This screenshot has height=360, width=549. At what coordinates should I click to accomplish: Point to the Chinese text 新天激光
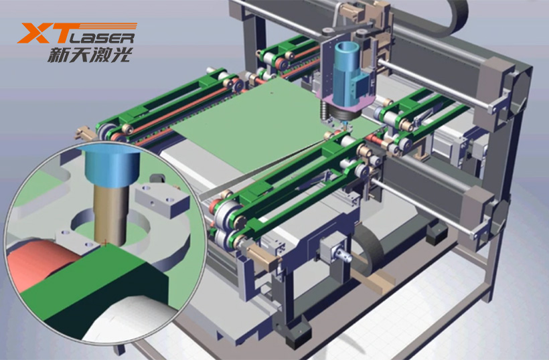(x=90, y=55)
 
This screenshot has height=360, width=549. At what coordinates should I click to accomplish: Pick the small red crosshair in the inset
(x=104, y=243)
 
